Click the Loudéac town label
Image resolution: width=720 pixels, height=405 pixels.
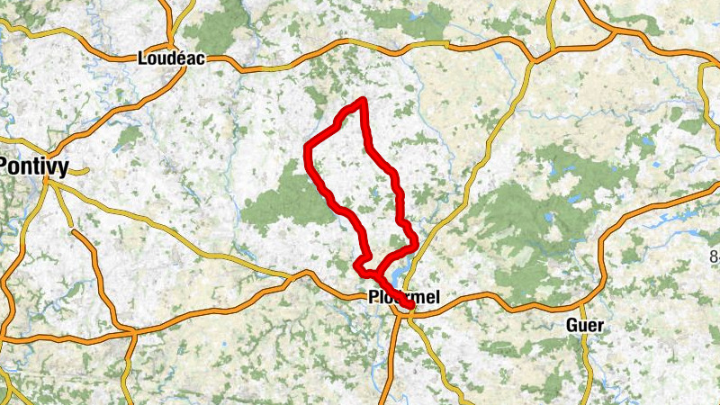pyautogui.click(x=172, y=58)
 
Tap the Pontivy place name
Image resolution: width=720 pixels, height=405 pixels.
pyautogui.click(x=36, y=166)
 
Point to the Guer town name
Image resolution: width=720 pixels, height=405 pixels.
pyautogui.click(x=586, y=325)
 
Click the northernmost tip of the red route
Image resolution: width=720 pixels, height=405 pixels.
pyautogui.click(x=363, y=99)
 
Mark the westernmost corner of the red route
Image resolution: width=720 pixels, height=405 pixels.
pyautogui.click(x=307, y=147)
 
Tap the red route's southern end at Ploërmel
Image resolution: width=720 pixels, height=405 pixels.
pyautogui.click(x=410, y=307)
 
